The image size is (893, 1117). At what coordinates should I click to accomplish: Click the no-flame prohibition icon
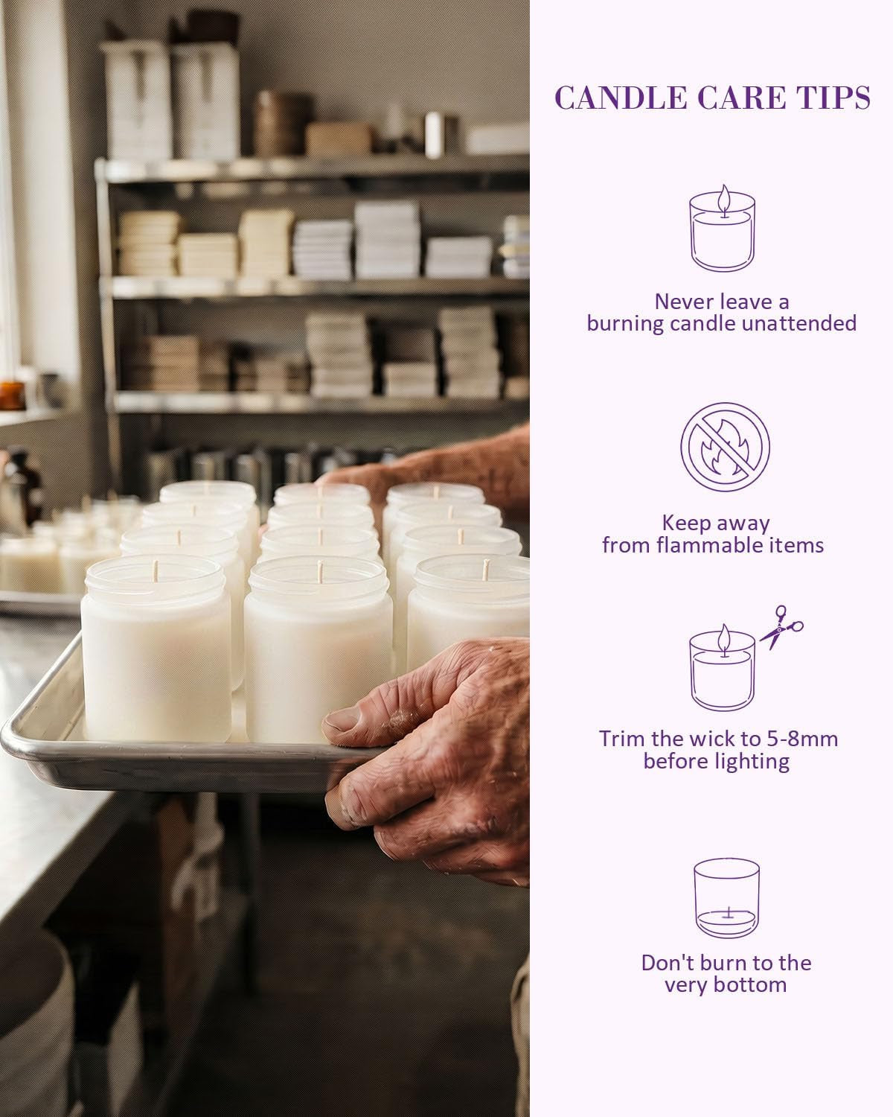(725, 447)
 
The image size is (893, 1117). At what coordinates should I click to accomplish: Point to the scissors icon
(781, 627)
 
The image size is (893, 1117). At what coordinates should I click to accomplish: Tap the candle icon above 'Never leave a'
(723, 228)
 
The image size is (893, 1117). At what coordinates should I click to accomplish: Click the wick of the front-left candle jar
(155, 571)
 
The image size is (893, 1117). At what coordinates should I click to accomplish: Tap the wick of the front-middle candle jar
(320, 571)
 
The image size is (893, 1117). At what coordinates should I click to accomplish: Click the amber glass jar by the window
(11, 395)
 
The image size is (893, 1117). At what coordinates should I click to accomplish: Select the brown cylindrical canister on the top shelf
(282, 123)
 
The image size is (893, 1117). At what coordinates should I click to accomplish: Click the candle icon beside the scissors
(723, 667)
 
